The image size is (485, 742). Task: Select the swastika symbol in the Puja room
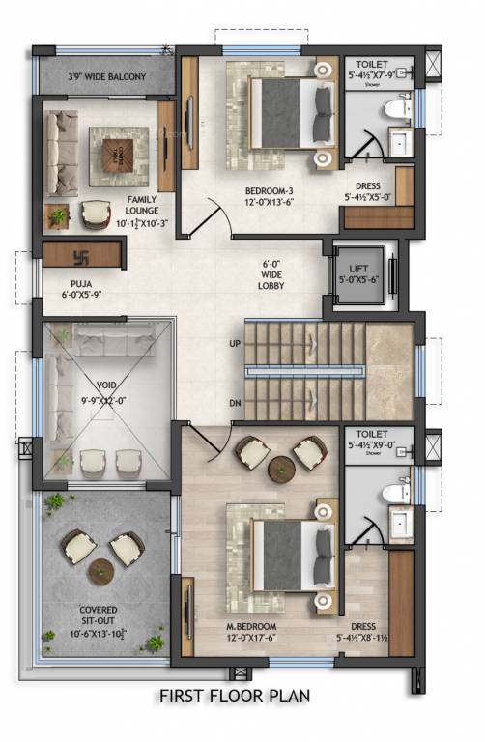[81, 257]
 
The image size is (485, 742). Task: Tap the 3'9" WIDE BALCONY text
[106, 75]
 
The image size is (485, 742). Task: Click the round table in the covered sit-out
[101, 572]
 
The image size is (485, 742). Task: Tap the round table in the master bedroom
[282, 467]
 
